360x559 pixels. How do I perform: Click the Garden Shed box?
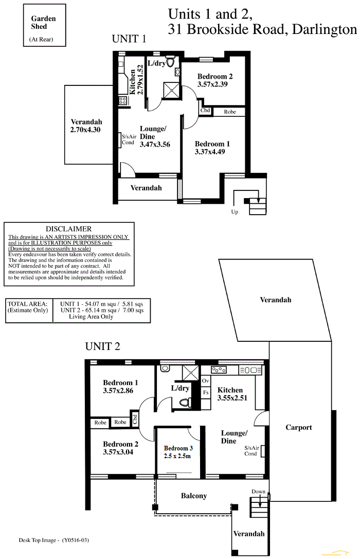tap(45, 25)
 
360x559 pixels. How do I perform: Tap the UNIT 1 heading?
tap(129, 39)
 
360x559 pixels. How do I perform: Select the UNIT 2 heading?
tap(102, 346)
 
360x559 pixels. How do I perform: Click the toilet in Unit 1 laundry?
tap(170, 63)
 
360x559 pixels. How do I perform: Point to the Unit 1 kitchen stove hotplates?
tap(123, 100)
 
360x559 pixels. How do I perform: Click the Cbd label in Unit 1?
tap(205, 111)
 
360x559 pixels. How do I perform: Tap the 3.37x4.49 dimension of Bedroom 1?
tap(210, 152)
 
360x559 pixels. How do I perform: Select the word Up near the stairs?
tap(235, 212)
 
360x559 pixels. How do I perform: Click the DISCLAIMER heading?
tap(69, 229)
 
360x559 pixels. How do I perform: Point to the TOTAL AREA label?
tap(27, 304)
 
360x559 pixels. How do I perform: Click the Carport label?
tap(299, 427)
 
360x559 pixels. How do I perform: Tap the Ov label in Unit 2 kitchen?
tap(206, 381)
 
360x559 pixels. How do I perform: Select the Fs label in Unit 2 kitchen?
tap(206, 393)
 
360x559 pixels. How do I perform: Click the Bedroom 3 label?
tap(178, 448)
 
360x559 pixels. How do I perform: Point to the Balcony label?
tap(194, 496)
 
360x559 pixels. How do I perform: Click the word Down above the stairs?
tap(259, 492)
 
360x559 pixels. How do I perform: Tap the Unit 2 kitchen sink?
tap(250, 370)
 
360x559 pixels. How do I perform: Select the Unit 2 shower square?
tap(190, 373)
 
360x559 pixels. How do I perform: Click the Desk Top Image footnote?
tap(54, 540)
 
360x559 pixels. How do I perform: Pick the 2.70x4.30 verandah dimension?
tap(85, 130)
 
